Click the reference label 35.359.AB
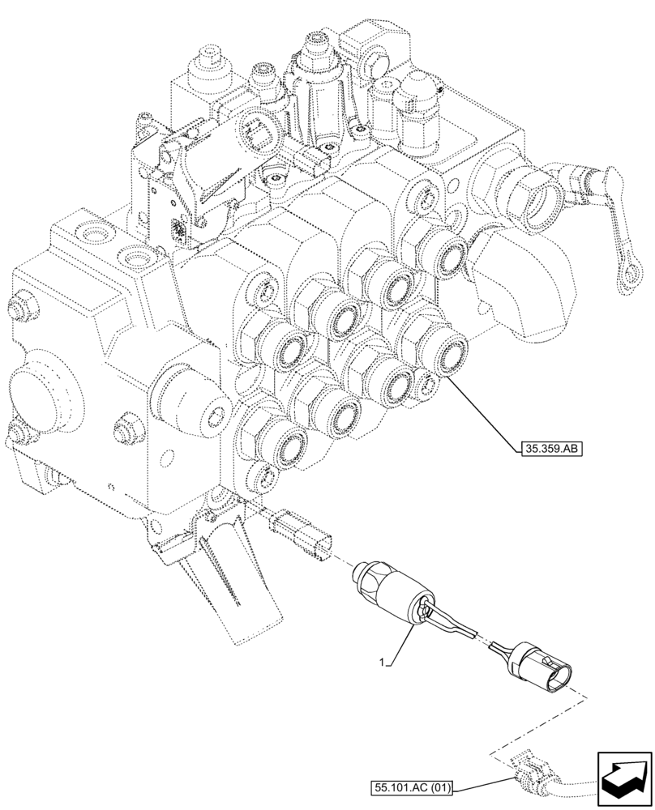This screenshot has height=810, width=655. [550, 446]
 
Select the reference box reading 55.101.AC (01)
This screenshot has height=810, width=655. [413, 785]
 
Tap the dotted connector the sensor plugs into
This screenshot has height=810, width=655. [305, 535]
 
